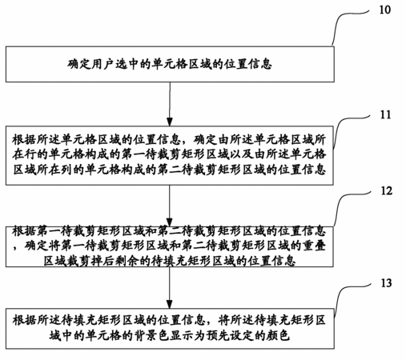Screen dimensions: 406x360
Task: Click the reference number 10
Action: [384, 10]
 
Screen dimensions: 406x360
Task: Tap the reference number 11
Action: [385, 114]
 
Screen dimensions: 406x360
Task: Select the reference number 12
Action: [386, 191]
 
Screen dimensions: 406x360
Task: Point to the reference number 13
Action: [386, 283]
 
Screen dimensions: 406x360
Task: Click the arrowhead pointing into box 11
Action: [170, 122]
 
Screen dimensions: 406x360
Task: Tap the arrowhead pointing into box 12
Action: [170, 222]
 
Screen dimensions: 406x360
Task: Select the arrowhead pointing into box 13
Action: [170, 304]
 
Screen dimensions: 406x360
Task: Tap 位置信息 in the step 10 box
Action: [248, 64]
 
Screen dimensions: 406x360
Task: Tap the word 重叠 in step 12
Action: [314, 246]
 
